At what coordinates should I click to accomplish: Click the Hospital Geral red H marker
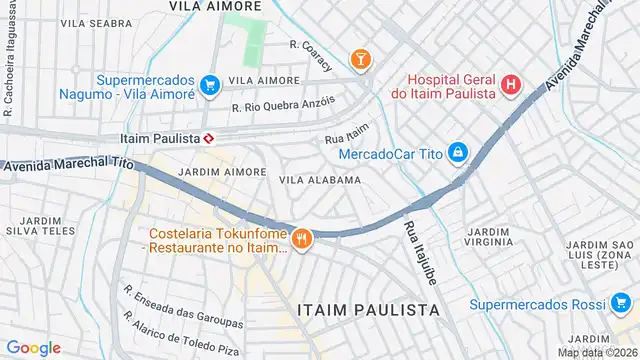(x=511, y=85)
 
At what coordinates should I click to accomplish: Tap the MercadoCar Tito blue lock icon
(x=457, y=152)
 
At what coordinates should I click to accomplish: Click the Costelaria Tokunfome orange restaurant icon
(x=301, y=238)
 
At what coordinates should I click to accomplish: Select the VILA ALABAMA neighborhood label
(x=319, y=180)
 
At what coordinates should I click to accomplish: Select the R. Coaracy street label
(x=313, y=44)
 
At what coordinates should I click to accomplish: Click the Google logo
(x=33, y=347)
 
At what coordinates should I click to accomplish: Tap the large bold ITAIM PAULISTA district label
(x=368, y=310)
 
